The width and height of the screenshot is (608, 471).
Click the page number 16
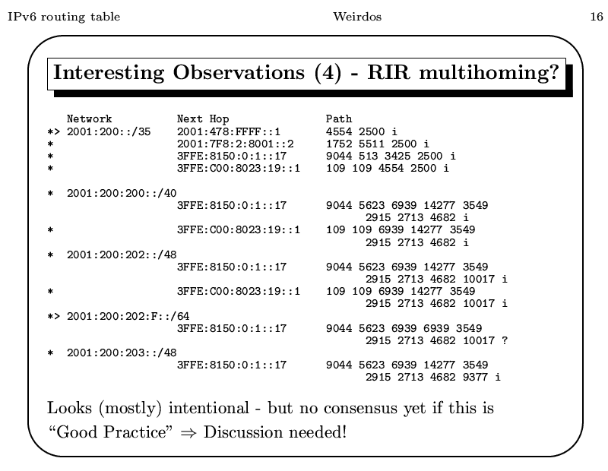pos(597,17)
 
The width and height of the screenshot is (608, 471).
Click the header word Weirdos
pos(357,17)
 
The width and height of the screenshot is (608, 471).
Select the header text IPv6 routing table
pos(64,17)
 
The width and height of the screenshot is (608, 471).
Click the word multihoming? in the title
pos(489,72)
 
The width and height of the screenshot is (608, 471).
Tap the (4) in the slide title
pos(328,73)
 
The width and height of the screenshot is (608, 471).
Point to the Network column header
pos(89,119)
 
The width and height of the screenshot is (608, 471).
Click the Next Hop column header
pos(203,119)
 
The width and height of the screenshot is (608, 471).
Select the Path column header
pos(339,119)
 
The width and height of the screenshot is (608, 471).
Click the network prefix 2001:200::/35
pos(109,131)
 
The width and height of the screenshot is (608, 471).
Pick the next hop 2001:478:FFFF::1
pos(229,131)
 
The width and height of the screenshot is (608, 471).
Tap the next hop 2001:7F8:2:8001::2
pos(236,144)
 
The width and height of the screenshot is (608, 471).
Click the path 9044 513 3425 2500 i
pos(391,156)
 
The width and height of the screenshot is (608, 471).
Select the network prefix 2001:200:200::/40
pos(122,193)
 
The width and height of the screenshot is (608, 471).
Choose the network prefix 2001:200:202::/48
pos(122,254)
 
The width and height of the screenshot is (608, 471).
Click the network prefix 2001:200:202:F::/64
pos(128,316)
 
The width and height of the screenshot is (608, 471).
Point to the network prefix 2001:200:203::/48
pos(122,352)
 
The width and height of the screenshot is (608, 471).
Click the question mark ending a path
pos(505,340)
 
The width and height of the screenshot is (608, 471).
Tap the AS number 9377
pos(475,377)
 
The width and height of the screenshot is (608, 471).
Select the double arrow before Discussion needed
pos(188,432)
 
